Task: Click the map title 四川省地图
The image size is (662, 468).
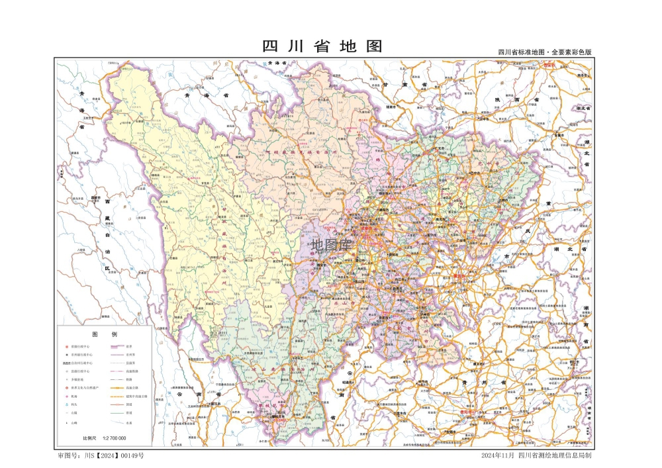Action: point(322,46)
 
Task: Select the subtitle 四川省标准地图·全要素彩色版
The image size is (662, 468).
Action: point(544,52)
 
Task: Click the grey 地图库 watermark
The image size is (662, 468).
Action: point(331,245)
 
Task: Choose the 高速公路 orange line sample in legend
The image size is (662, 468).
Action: point(118,388)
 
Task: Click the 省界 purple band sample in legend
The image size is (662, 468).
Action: point(118,346)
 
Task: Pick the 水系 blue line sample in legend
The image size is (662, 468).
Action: point(118,422)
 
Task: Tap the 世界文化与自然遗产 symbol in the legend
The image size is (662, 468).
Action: point(66,388)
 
